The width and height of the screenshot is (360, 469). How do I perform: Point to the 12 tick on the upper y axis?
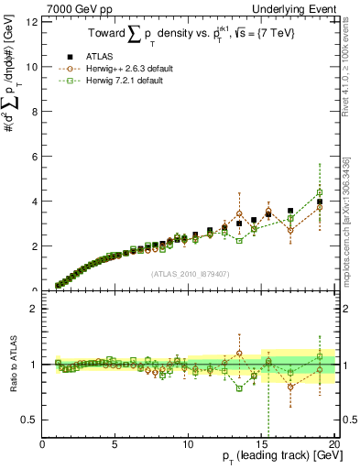(x=33, y=22)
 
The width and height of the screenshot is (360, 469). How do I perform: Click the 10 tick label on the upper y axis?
(x=33, y=67)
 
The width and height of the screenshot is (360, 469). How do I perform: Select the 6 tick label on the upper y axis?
(x=36, y=157)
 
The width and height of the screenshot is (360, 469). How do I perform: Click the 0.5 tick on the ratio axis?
(x=31, y=420)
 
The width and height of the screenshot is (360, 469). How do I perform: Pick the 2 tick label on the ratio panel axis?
(x=36, y=309)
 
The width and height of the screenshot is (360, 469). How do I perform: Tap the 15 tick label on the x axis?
(x=261, y=443)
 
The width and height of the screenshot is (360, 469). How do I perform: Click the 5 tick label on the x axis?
(x=115, y=443)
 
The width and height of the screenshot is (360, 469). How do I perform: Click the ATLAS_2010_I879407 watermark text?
(x=189, y=273)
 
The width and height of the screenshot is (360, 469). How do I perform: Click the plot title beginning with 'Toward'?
(x=188, y=34)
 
